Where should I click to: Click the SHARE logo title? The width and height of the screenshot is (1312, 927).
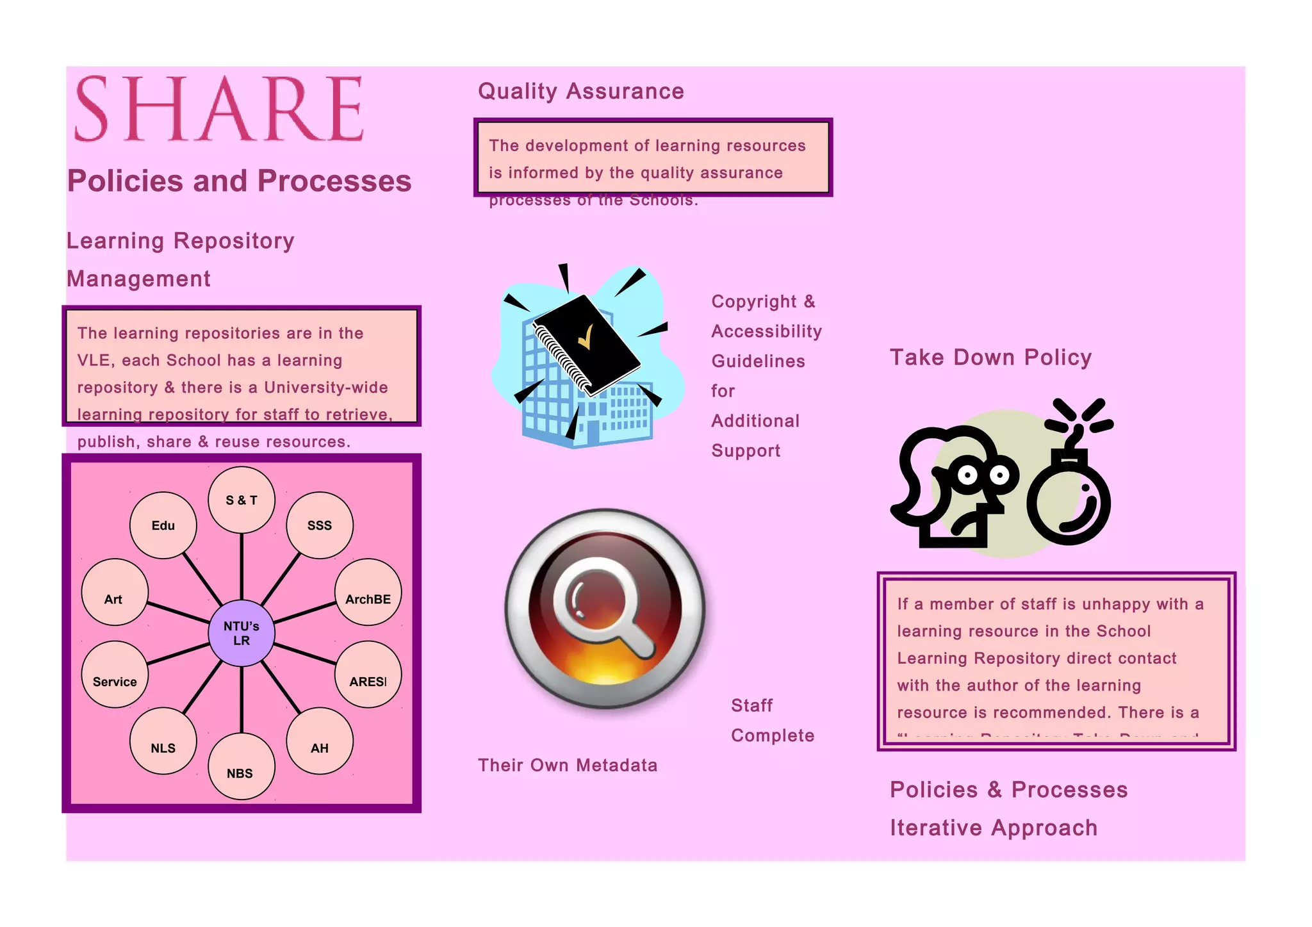219,108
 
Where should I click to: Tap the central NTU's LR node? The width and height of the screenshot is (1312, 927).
242,633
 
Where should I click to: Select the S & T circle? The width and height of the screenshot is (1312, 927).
242,500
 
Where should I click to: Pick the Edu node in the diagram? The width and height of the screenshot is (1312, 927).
163,525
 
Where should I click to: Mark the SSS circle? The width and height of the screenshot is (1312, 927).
320,525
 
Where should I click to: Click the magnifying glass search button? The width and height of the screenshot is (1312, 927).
605,608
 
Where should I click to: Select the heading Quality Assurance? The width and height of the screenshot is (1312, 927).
581,91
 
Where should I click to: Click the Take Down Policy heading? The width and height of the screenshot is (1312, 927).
990,357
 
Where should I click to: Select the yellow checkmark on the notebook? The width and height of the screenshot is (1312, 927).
586,336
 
